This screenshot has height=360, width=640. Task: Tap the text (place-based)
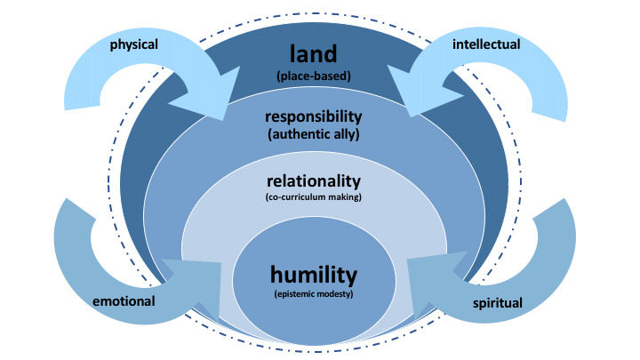coord(319,76)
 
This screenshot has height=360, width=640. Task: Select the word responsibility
coord(319,116)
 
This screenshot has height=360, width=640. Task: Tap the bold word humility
coord(319,272)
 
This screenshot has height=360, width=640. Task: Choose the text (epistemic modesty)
coord(319,293)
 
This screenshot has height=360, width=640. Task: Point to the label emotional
coord(124,301)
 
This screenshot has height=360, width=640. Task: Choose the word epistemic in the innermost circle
coord(303,293)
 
